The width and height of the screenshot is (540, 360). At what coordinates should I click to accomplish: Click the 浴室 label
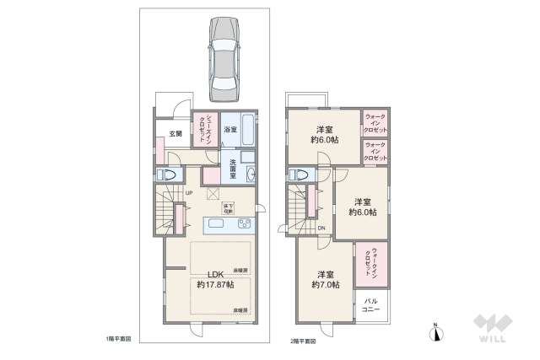(229, 131)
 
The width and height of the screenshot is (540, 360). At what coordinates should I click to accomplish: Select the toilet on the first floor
(168, 176)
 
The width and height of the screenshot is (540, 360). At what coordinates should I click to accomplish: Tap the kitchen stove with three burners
(244, 223)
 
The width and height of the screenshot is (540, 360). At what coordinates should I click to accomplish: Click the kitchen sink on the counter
(215, 223)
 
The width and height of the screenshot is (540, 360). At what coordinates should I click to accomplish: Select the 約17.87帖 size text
(215, 286)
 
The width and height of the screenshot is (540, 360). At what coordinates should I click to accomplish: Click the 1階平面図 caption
(118, 339)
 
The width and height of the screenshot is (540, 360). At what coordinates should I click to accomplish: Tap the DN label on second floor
(322, 228)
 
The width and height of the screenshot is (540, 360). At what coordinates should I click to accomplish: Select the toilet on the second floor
(297, 176)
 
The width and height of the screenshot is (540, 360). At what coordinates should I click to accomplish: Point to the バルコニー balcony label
(371, 303)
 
